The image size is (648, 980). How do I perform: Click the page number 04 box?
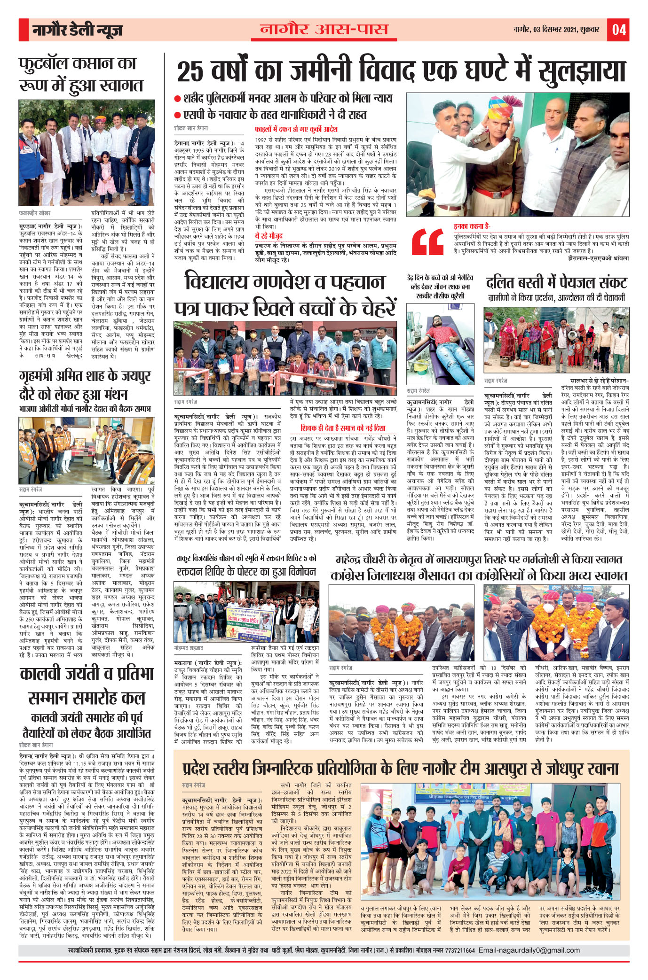[x=618, y=30]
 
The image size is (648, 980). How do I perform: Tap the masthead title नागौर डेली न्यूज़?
[x=77, y=31]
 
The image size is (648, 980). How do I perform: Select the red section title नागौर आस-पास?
[x=324, y=30]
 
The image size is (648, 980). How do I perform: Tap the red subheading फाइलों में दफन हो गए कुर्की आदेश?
[x=296, y=129]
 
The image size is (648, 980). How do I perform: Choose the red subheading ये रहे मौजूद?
[x=269, y=236]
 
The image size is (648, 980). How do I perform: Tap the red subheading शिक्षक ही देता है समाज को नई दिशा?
[x=343, y=428]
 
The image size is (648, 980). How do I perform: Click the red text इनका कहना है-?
[x=472, y=226]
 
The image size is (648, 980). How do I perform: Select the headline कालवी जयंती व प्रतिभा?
[x=87, y=674]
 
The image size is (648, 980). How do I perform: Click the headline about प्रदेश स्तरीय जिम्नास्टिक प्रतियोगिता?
[x=400, y=769]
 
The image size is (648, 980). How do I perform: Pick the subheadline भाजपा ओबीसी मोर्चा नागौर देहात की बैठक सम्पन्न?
[x=85, y=409]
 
